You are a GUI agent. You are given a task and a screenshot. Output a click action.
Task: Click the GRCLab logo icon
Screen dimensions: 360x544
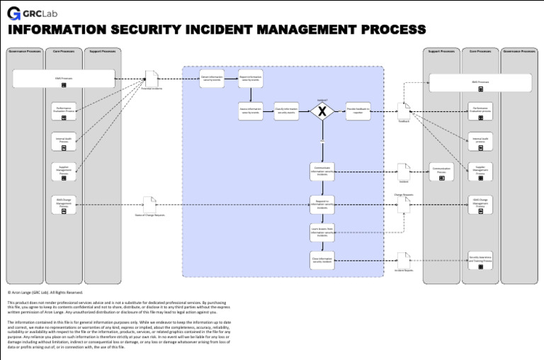tap(14, 12)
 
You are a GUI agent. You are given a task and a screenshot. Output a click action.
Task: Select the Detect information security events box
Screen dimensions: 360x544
tap(212, 79)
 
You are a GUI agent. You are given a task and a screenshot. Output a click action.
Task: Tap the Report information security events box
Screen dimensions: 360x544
tap(250, 79)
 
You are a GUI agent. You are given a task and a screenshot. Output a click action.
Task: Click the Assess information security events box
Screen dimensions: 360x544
tap(250, 111)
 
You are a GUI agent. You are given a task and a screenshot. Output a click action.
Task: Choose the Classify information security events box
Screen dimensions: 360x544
tap(286, 111)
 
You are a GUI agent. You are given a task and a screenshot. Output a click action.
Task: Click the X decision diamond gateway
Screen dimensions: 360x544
tap(322, 111)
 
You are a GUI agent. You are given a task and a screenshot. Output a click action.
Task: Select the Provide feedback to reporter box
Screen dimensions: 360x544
tap(358, 111)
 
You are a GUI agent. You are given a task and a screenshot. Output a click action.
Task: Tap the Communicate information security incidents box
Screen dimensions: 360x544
tap(322, 171)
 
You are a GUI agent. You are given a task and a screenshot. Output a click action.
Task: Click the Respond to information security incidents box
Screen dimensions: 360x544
tap(322, 204)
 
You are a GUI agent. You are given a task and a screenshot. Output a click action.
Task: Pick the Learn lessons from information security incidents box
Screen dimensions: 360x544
tap(322, 232)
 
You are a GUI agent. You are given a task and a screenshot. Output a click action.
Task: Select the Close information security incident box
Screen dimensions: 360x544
tap(322, 260)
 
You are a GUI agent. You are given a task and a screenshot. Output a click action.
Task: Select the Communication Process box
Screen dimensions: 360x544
tap(441, 171)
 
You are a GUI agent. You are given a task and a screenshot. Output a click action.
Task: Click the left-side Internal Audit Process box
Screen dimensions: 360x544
tap(64, 141)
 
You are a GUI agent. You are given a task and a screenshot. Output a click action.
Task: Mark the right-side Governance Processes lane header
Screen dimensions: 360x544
tap(519, 51)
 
